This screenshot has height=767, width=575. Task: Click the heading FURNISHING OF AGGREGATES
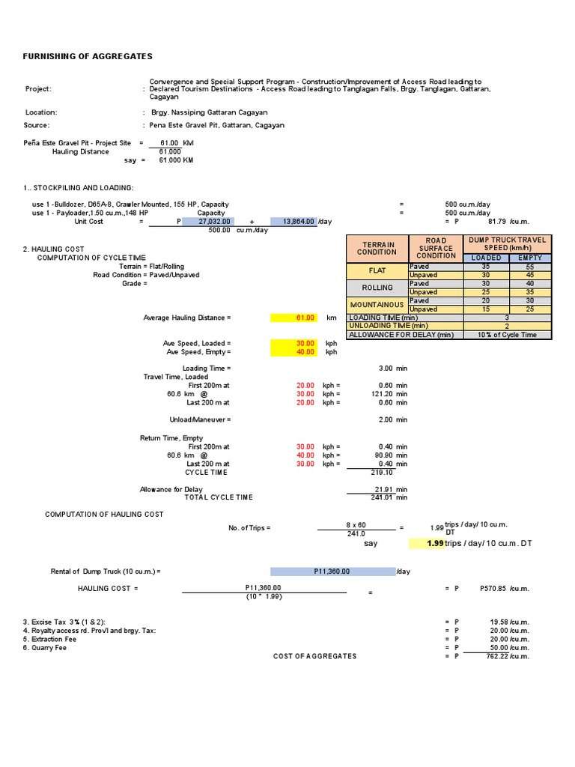click(88, 56)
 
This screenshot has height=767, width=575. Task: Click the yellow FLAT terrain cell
click(377, 270)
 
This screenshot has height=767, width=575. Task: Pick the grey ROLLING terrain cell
click(377, 288)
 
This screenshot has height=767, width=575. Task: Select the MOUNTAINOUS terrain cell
click(377, 305)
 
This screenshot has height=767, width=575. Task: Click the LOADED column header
click(486, 258)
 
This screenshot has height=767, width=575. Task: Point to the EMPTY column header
click(529, 258)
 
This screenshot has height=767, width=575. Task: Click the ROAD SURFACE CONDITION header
click(436, 248)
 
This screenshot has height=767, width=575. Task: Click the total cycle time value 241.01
click(377, 497)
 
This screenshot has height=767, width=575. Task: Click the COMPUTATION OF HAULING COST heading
click(104, 515)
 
